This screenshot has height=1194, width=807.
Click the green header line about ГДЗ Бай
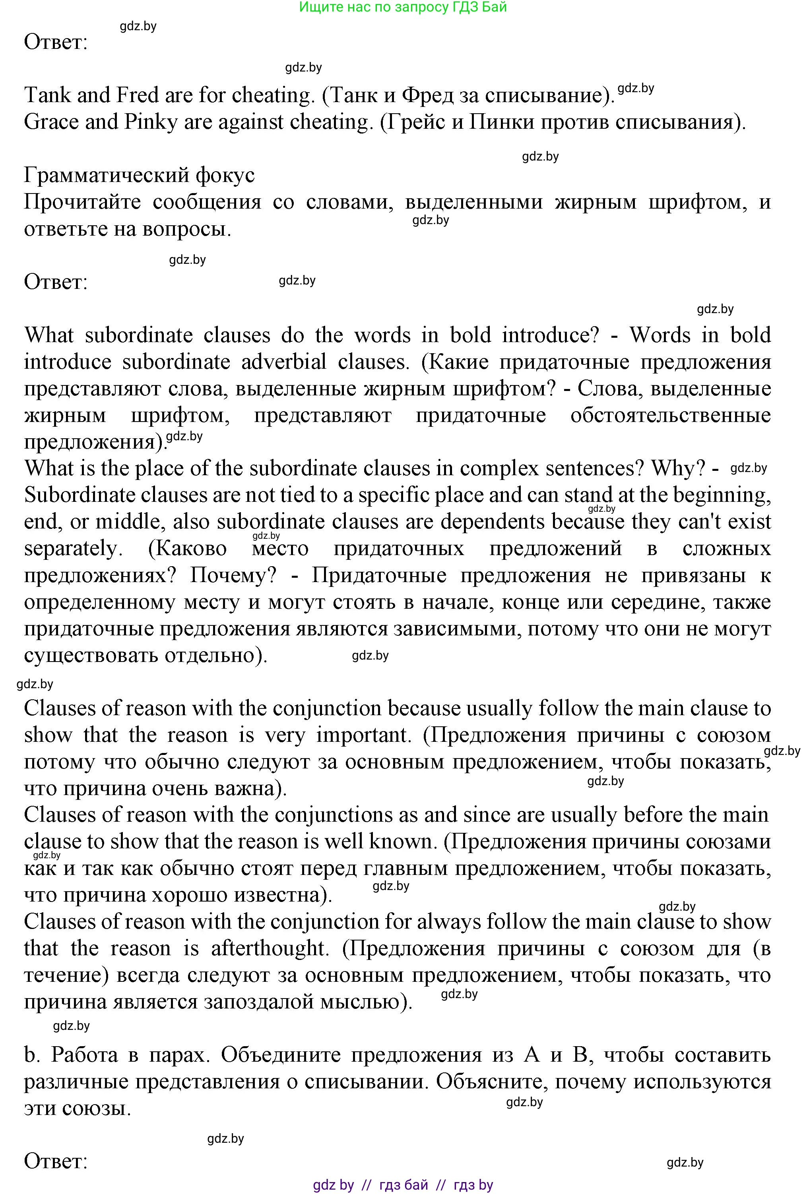point(403,7)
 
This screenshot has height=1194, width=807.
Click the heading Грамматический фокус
point(139,176)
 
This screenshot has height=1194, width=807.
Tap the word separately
point(74,549)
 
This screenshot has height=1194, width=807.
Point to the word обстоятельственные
point(670,416)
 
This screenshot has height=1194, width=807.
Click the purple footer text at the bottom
point(403,1185)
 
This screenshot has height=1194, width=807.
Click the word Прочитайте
point(82,202)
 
